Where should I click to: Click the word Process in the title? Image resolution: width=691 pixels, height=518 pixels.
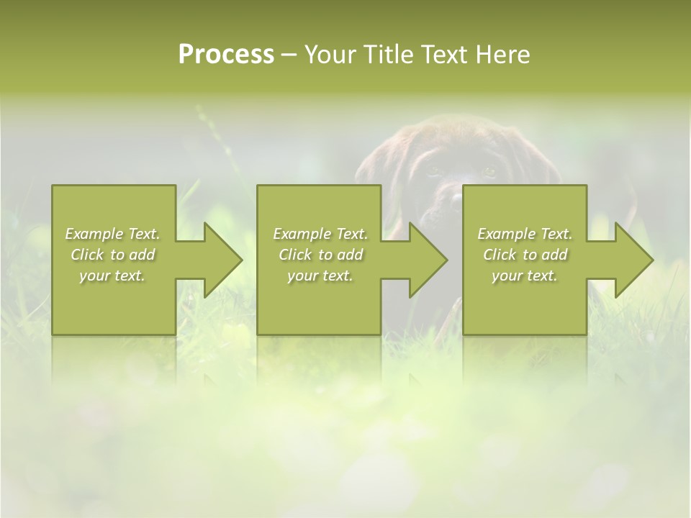[x=226, y=55]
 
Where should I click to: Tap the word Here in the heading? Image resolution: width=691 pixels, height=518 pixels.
[x=502, y=55]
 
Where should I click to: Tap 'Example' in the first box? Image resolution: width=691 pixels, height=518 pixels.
[x=94, y=234]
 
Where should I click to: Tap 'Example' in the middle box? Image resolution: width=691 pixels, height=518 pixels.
[x=302, y=234]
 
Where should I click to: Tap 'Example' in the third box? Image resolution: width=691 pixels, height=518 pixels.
[x=507, y=234]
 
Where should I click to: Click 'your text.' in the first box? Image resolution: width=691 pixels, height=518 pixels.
[x=112, y=276]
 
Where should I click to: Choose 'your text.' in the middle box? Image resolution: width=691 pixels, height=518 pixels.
[x=320, y=276]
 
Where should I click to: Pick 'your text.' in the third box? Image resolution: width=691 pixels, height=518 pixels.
[x=525, y=276]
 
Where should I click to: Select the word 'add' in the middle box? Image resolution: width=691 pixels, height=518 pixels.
[x=349, y=255]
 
